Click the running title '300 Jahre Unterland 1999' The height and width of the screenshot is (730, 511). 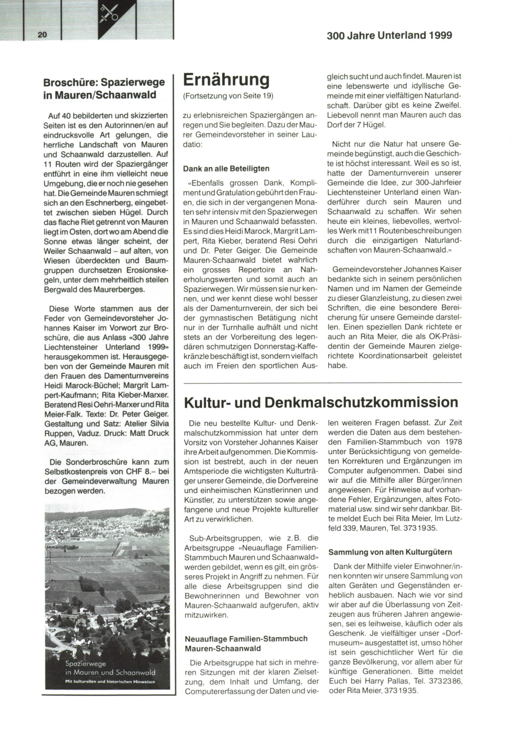tap(389, 36)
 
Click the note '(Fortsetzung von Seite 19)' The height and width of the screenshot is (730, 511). tap(228, 96)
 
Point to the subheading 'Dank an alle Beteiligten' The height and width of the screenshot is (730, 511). tap(226, 169)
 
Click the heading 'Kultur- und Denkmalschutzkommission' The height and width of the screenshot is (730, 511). tap(321, 403)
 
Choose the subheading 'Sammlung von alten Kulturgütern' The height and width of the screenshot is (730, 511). tap(390, 552)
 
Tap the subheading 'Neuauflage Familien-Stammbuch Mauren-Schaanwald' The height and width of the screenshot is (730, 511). tap(246, 644)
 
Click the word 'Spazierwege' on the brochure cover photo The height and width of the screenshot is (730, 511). tap(86, 663)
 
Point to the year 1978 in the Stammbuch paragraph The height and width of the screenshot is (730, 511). tap(451, 442)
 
